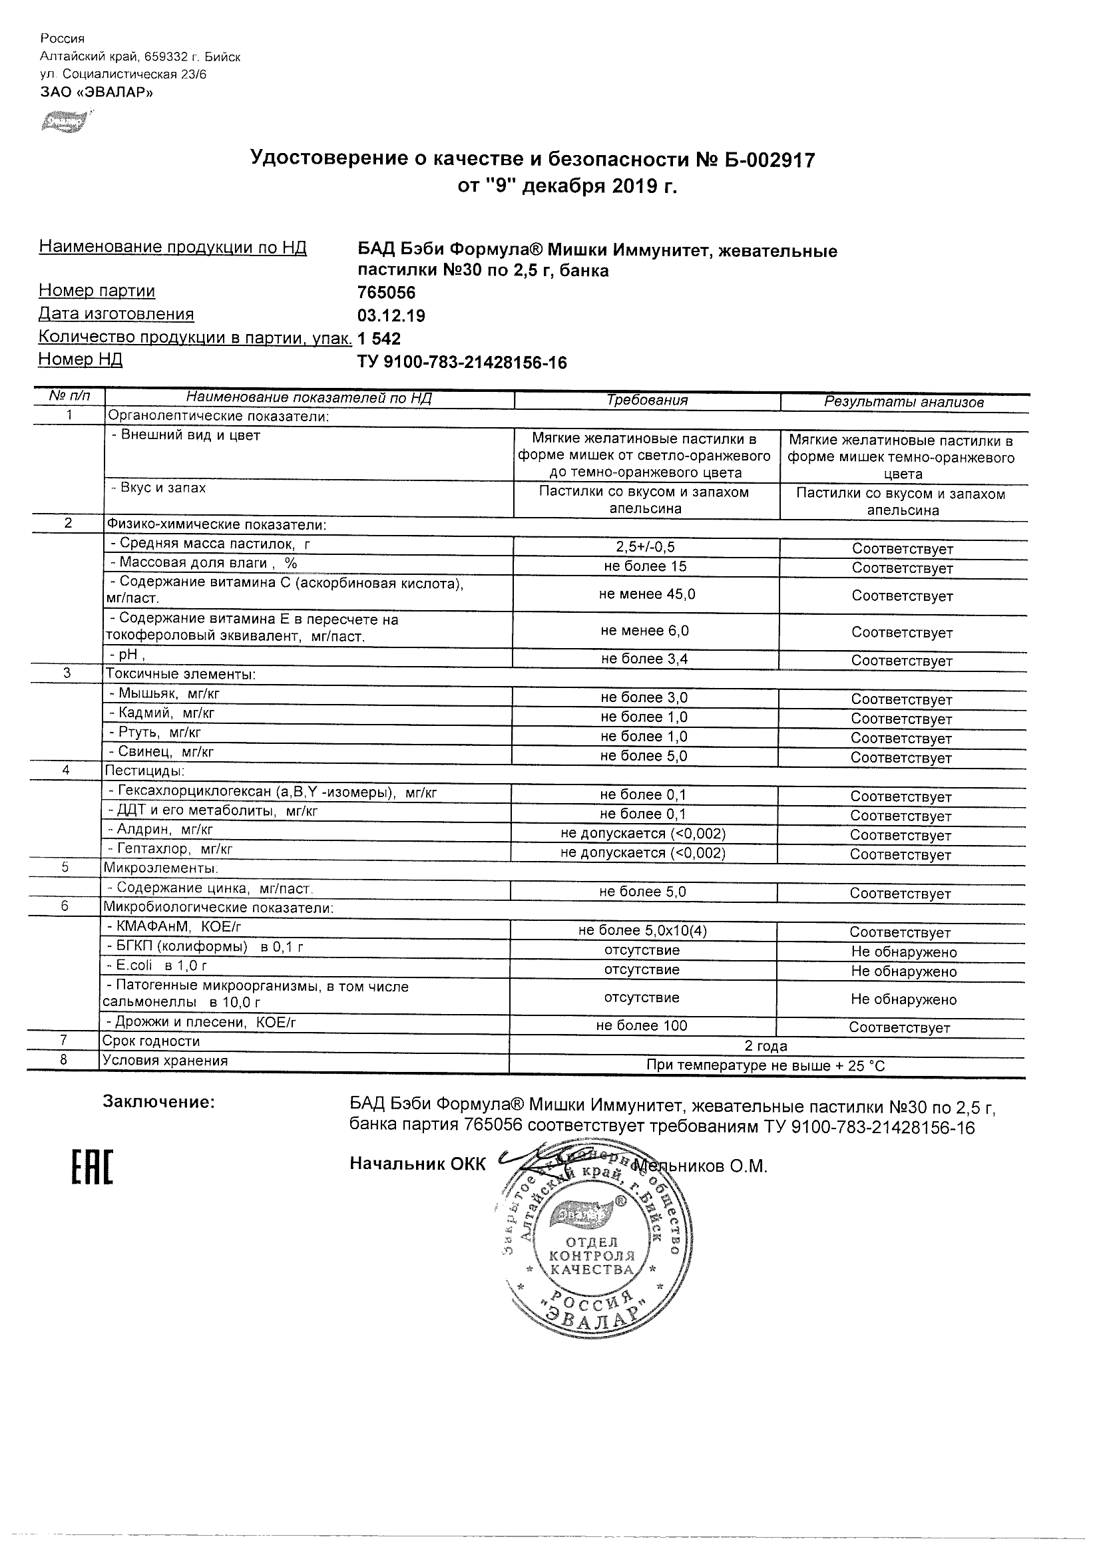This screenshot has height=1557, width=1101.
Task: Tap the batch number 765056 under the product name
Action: pyautogui.click(x=386, y=293)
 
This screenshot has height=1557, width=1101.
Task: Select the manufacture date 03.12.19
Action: pyautogui.click(x=391, y=316)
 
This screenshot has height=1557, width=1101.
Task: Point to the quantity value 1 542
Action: pyautogui.click(x=379, y=339)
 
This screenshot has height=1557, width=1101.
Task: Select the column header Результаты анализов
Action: pyautogui.click(x=903, y=402)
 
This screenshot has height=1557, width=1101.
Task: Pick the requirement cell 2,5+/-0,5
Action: pyautogui.click(x=644, y=547)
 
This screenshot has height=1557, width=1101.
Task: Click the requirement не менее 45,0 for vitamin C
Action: pyautogui.click(x=646, y=594)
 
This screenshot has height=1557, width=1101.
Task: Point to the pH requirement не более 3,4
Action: pyautogui.click(x=644, y=659)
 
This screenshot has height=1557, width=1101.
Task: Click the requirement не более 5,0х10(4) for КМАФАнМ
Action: pyautogui.click(x=642, y=931)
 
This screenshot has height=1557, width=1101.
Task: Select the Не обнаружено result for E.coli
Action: pyautogui.click(x=903, y=971)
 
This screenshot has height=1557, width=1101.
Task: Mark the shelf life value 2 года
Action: pyautogui.click(x=766, y=1046)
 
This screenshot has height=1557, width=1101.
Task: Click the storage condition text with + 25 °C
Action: pyautogui.click(x=766, y=1065)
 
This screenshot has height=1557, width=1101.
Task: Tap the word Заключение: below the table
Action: pyautogui.click(x=158, y=1102)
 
